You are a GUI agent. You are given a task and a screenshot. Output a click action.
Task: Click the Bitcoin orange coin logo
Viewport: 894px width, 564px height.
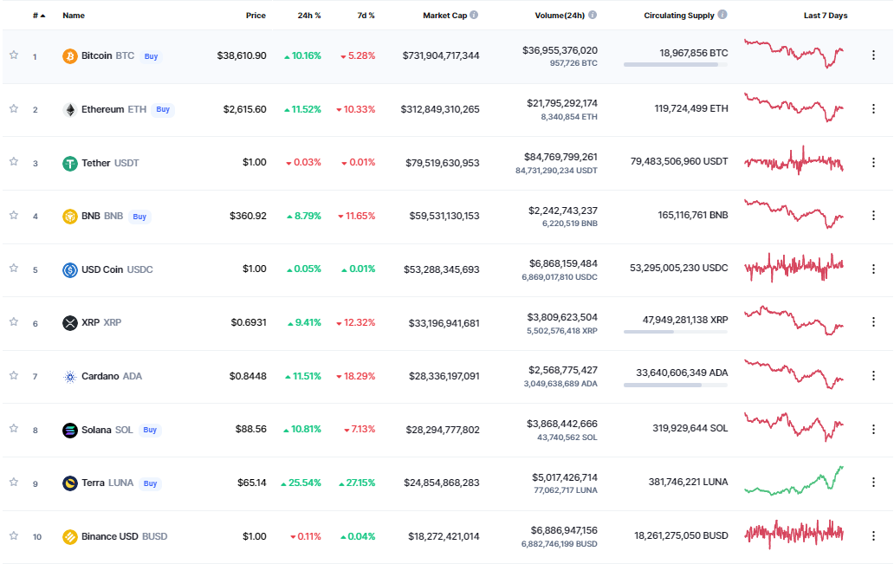click(x=69, y=56)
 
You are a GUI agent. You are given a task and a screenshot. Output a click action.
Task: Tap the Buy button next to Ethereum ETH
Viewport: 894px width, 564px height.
click(x=163, y=109)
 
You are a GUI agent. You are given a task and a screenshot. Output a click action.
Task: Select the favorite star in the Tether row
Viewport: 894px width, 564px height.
click(x=14, y=162)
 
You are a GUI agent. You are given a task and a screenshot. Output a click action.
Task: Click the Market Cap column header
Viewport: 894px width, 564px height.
click(x=444, y=16)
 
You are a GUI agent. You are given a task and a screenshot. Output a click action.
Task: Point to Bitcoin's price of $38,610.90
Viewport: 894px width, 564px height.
click(x=242, y=56)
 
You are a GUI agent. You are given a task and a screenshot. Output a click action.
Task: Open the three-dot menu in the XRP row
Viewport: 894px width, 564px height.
click(x=873, y=322)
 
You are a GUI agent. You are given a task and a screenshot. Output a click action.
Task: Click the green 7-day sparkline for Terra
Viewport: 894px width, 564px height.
click(x=794, y=481)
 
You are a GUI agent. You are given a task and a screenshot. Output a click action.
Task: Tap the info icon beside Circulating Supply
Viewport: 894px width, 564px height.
click(x=722, y=15)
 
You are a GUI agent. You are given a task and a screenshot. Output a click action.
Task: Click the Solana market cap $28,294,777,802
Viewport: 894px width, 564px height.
click(x=443, y=430)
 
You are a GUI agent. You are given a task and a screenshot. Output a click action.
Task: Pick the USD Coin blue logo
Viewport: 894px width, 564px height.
click(x=69, y=269)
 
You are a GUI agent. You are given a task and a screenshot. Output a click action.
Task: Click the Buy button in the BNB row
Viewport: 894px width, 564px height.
click(x=139, y=217)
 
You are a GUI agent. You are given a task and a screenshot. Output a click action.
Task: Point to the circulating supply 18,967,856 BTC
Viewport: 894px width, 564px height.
click(x=694, y=53)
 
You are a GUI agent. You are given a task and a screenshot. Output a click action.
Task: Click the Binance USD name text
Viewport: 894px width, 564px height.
click(x=110, y=536)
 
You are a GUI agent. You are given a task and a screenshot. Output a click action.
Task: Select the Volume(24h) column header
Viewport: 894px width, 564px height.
click(x=560, y=16)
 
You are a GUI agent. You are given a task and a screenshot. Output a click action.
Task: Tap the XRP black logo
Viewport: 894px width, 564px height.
click(x=69, y=323)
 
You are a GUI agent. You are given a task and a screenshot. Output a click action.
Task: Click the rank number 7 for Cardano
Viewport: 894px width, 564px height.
click(x=35, y=376)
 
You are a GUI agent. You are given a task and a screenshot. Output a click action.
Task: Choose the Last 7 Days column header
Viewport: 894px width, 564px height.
click(x=826, y=16)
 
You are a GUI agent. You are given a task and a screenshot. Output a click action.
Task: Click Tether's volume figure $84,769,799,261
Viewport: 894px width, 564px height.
click(x=561, y=157)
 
